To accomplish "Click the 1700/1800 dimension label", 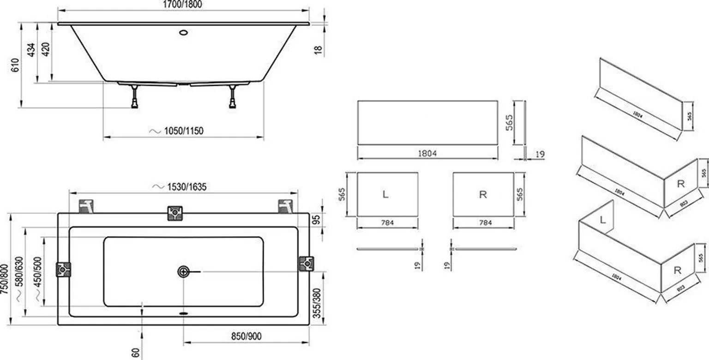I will click(x=183, y=4).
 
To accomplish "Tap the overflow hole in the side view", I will click(x=183, y=33).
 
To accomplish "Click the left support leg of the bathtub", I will click(x=134, y=97).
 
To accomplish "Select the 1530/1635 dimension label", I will click(x=180, y=187).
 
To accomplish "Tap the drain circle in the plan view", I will click(x=184, y=271).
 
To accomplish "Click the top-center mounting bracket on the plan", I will click(x=174, y=213).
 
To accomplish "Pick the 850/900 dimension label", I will click(x=246, y=336).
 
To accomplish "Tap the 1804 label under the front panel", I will click(x=427, y=153).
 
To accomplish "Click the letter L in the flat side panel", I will click(x=386, y=195).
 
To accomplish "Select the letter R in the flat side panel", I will click(x=483, y=195).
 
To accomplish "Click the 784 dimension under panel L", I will click(x=387, y=223).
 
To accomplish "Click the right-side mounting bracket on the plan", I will click(x=305, y=263).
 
